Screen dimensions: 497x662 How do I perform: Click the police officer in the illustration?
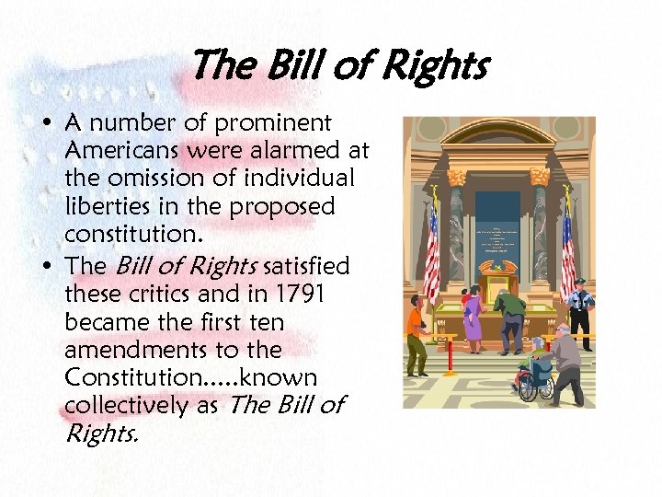coord(578,311)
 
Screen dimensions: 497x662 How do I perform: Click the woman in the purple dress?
coord(473,318)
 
